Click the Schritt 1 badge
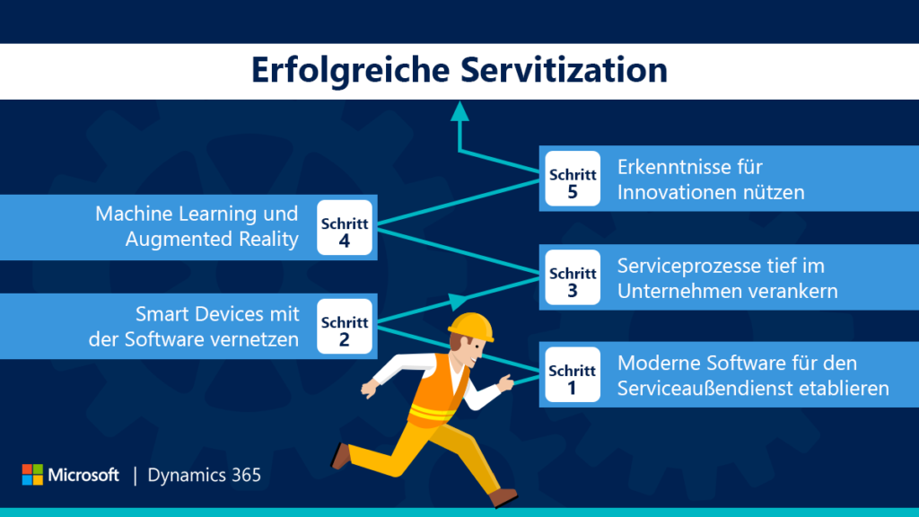tap(573, 374)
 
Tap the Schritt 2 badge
tap(345, 327)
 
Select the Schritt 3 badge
tap(573, 277)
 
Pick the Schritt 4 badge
tap(345, 227)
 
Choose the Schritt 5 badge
tap(573, 179)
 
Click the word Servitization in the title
tap(564, 70)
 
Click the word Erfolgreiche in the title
tap(351, 71)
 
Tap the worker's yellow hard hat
tap(472, 327)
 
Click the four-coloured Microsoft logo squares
tap(32, 474)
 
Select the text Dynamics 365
tap(204, 476)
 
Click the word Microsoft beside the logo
tap(83, 475)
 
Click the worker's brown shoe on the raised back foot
tap(340, 456)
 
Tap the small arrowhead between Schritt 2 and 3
tap(458, 302)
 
